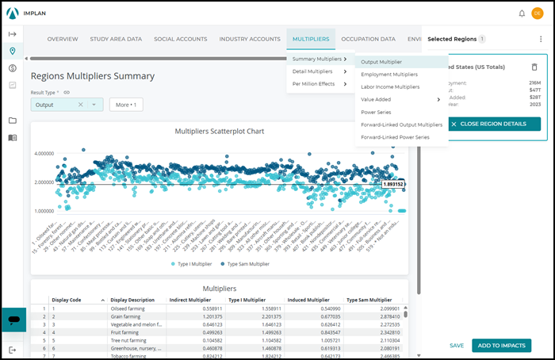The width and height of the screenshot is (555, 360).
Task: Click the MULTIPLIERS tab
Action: [311, 39]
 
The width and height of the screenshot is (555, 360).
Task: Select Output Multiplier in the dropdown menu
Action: [381, 62]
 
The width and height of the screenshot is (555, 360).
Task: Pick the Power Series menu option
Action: [377, 112]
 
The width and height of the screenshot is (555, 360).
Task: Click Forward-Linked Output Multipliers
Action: [401, 124]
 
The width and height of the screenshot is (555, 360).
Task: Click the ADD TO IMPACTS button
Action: [501, 345]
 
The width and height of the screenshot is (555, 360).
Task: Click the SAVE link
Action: [457, 346]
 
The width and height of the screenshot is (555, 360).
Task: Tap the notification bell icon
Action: [522, 13]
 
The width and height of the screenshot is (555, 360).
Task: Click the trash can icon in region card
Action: [534, 67]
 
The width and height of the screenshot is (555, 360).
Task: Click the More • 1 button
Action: [126, 105]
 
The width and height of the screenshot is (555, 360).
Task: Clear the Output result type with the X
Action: [80, 105]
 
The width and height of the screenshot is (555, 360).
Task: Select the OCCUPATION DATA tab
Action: [368, 39]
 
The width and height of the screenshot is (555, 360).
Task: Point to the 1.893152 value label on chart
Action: [392, 184]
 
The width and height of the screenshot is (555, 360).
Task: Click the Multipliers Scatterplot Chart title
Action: [219, 132]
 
